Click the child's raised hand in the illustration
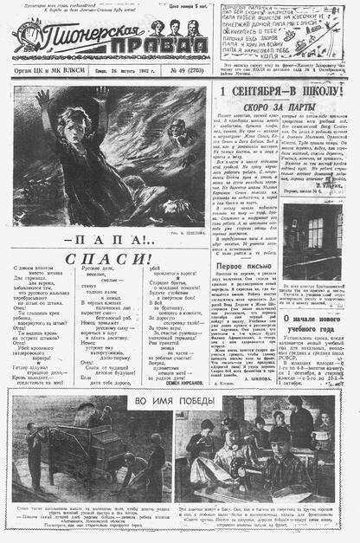pyautogui.click(x=42, y=96)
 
